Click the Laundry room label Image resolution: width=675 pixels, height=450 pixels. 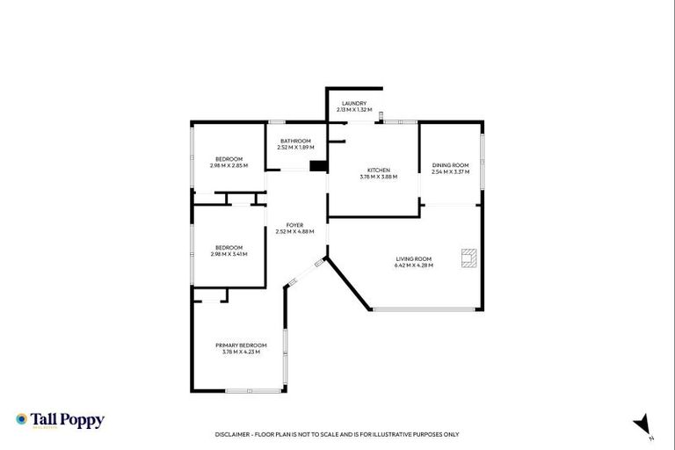[x=354, y=104]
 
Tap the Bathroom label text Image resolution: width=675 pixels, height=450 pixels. [x=295, y=142]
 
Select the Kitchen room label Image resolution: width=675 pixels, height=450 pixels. [x=378, y=171]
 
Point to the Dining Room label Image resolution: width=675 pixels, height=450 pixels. [x=450, y=165]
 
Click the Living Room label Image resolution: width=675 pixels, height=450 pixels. [x=413, y=259]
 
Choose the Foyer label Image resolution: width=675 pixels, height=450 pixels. [x=294, y=226]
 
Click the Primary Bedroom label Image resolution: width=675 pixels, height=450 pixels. [x=241, y=345]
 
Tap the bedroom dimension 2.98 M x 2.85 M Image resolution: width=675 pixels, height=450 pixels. [x=229, y=165]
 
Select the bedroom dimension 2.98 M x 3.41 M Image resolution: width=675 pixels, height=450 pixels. [x=229, y=254]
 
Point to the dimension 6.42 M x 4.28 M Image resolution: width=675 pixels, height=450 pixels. [x=413, y=265]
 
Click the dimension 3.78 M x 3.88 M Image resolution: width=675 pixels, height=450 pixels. [x=378, y=177]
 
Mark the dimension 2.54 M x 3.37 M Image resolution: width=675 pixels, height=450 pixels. [x=450, y=171]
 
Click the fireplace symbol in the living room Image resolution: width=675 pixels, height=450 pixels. [x=468, y=258]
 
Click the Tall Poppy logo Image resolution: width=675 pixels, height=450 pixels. [x=60, y=420]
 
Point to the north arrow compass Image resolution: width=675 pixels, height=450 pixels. [x=643, y=424]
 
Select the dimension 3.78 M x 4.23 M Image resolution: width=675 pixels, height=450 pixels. [x=241, y=352]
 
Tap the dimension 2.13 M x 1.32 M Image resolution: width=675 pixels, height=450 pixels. [x=354, y=110]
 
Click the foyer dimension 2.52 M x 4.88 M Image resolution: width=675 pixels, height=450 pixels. [x=294, y=232]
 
